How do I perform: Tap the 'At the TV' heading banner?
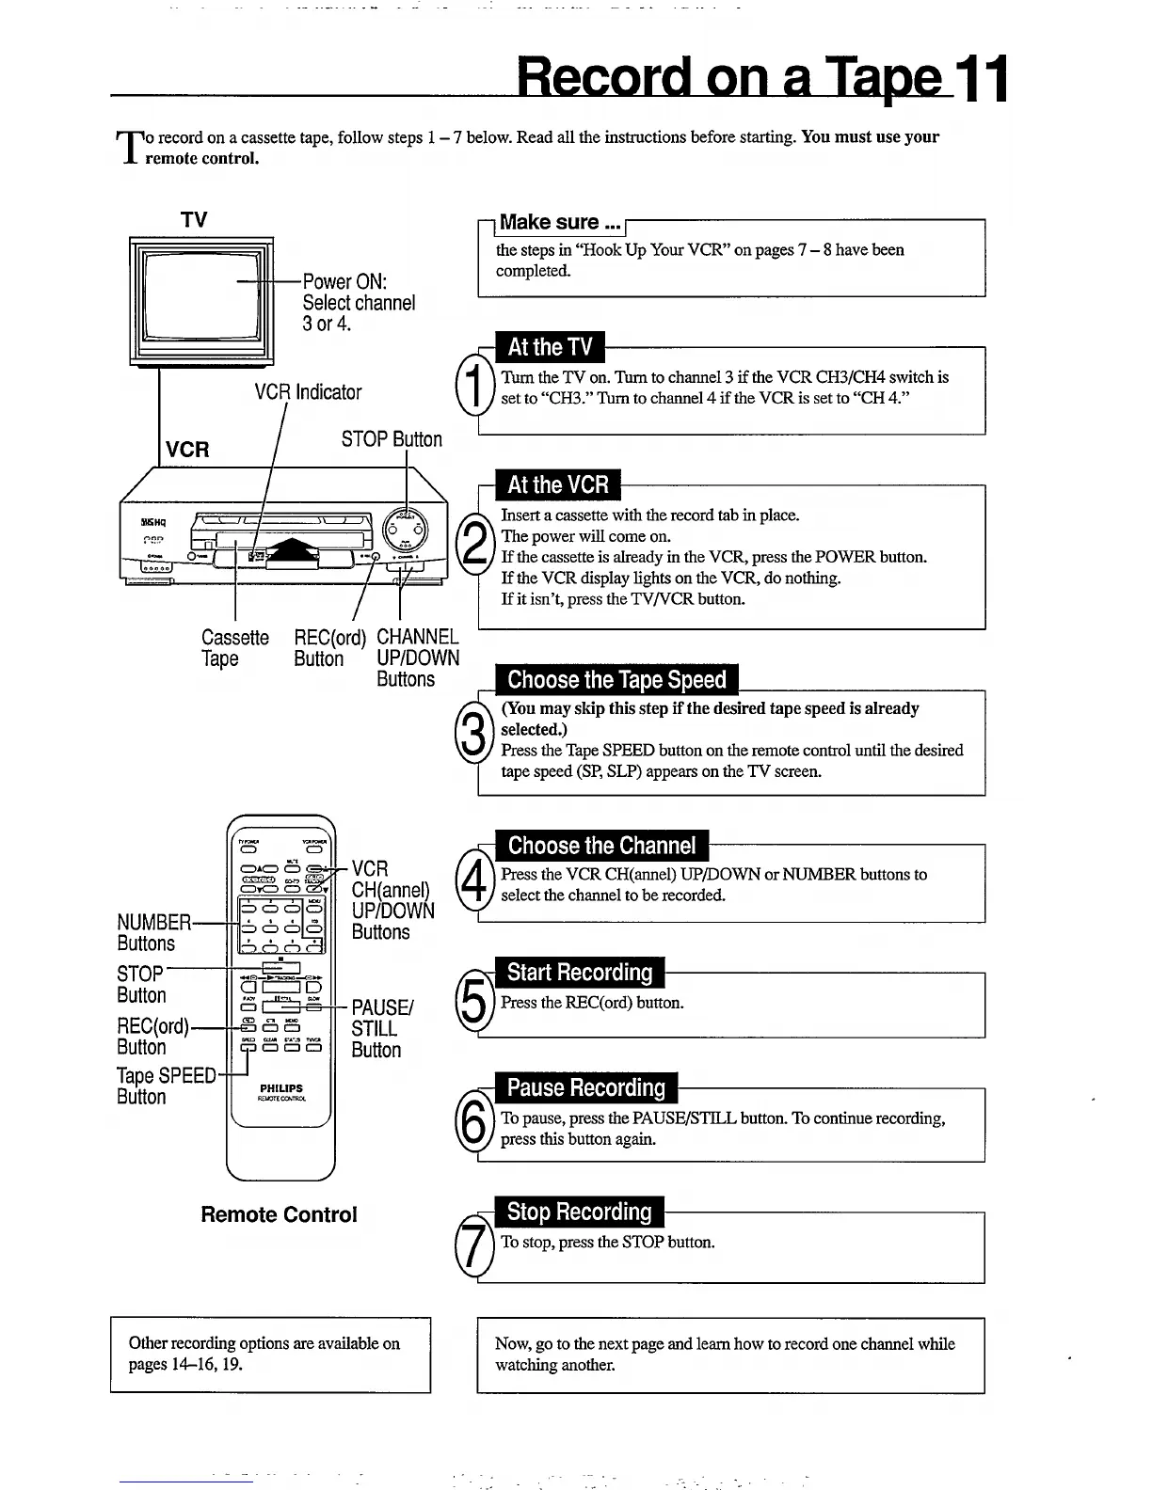pyautogui.click(x=550, y=347)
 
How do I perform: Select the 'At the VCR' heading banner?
pyautogui.click(x=557, y=484)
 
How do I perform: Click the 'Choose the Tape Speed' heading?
pyautogui.click(x=616, y=679)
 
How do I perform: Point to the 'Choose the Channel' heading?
pyautogui.click(x=601, y=845)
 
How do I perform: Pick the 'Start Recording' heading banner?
pyautogui.click(x=580, y=972)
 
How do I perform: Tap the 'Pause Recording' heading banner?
pyautogui.click(x=585, y=1087)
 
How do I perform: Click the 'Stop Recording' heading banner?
pyautogui.click(x=579, y=1212)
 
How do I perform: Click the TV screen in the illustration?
pyautogui.click(x=200, y=293)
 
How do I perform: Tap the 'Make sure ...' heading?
pyautogui.click(x=560, y=223)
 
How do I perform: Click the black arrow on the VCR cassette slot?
pyautogui.click(x=294, y=552)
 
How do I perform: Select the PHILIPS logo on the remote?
pyautogui.click(x=281, y=1088)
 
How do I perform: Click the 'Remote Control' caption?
pyautogui.click(x=279, y=1214)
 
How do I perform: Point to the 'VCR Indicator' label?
pyautogui.click(x=308, y=392)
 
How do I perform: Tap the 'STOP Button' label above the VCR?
pyautogui.click(x=392, y=439)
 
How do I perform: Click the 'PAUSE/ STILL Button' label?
pyautogui.click(x=380, y=1028)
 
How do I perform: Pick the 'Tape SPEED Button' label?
pyautogui.click(x=166, y=1086)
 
